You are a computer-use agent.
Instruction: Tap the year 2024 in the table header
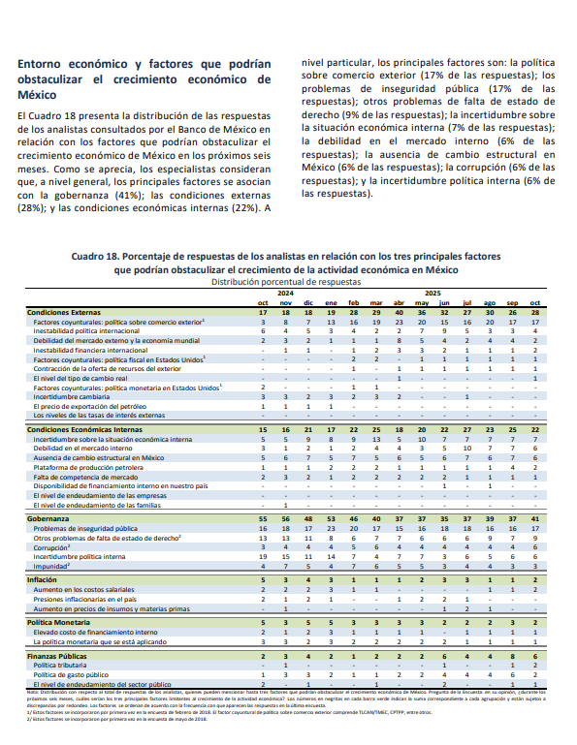(x=285, y=292)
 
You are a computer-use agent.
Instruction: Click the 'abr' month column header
(x=399, y=302)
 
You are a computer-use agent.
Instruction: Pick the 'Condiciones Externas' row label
(x=64, y=313)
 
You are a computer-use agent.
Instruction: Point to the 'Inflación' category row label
(x=43, y=578)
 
